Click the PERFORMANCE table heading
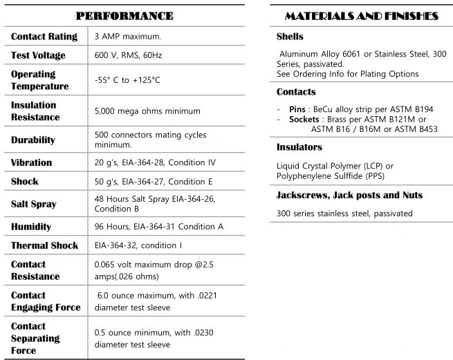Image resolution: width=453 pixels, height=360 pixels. click(124, 15)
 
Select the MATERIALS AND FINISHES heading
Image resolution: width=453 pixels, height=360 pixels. click(361, 15)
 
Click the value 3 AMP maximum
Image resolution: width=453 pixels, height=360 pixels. click(127, 36)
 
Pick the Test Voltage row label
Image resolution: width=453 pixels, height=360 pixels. click(38, 55)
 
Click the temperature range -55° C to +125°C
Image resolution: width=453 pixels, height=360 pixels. click(127, 80)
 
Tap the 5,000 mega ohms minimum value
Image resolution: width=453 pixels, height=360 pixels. click(147, 111)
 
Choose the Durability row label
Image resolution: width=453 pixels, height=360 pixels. click(33, 140)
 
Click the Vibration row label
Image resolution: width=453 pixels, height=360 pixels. click(31, 162)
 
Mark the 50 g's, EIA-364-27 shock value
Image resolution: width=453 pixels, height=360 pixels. click(153, 182)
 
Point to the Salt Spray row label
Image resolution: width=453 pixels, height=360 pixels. click(34, 204)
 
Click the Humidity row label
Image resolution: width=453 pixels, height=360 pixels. click(32, 227)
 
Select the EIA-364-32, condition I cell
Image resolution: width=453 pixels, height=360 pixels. click(138, 245)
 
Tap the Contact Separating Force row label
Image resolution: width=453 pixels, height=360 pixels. click(35, 339)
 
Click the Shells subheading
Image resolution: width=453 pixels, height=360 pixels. click(290, 37)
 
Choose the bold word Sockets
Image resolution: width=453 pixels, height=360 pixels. click(305, 119)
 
